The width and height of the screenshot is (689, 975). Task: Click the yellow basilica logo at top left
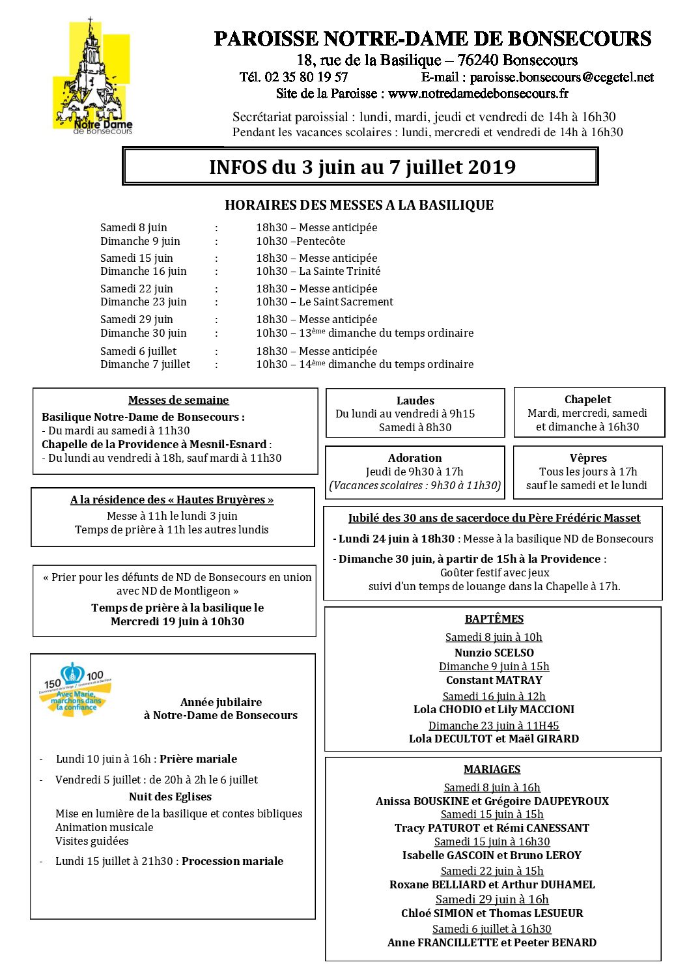tap(92, 77)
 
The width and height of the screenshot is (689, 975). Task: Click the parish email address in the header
tap(561, 77)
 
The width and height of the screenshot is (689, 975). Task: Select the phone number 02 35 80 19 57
tap(306, 77)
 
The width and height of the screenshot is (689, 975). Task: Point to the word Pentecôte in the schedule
tap(320, 241)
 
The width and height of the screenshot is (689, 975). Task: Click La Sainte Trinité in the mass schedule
tap(339, 271)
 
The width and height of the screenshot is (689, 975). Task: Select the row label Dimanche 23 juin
tap(143, 302)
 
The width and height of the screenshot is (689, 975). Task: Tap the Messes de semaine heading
tap(178, 400)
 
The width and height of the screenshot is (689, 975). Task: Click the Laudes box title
tap(415, 401)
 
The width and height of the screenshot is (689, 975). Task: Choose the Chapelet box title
tap(587, 399)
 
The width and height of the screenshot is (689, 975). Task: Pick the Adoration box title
tap(415, 458)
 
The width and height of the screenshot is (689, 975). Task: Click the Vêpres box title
tap(587, 458)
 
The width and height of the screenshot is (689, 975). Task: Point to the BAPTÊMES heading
tap(494, 619)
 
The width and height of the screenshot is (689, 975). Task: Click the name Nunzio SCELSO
tap(494, 653)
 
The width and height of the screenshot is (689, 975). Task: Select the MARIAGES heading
tap(492, 769)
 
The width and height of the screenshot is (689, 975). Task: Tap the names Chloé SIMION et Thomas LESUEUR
tap(492, 913)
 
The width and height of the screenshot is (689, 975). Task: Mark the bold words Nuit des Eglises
tap(170, 797)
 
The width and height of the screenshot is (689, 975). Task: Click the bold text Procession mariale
tap(232, 861)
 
